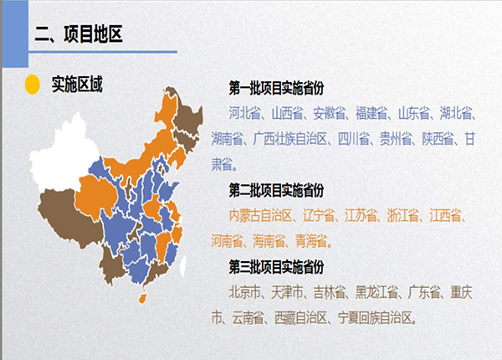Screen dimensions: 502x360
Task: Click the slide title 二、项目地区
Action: pyautogui.click(x=79, y=34)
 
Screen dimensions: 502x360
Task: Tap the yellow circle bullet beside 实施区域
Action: pyautogui.click(x=33, y=85)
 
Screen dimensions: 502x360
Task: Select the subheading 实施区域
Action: pyautogui.click(x=77, y=85)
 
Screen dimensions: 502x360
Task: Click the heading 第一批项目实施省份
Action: pyautogui.click(x=276, y=88)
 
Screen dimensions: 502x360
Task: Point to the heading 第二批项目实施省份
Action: pyautogui.click(x=276, y=190)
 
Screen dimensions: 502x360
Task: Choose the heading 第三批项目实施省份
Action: pyautogui.click(x=276, y=267)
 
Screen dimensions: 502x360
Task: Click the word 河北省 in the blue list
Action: pyautogui.click(x=245, y=113)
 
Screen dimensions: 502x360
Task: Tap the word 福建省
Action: pyautogui.click(x=371, y=113)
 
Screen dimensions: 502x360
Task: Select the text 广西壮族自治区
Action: pyautogui.click(x=290, y=139)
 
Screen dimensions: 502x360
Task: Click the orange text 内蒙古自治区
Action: pyautogui.click(x=260, y=215)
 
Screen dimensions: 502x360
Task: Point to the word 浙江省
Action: pyautogui.click(x=402, y=215)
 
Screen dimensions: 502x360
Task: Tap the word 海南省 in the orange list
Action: pyautogui.click(x=269, y=241)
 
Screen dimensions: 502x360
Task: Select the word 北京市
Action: pyautogui.click(x=245, y=292)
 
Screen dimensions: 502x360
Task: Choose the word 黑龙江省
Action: pyautogui.click(x=376, y=292)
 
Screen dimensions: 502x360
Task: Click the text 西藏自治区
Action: pyautogui.click(x=301, y=318)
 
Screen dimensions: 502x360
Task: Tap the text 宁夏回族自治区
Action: pyautogui.click(x=375, y=318)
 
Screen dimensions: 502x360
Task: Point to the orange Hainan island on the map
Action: pyautogui.click(x=143, y=298)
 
